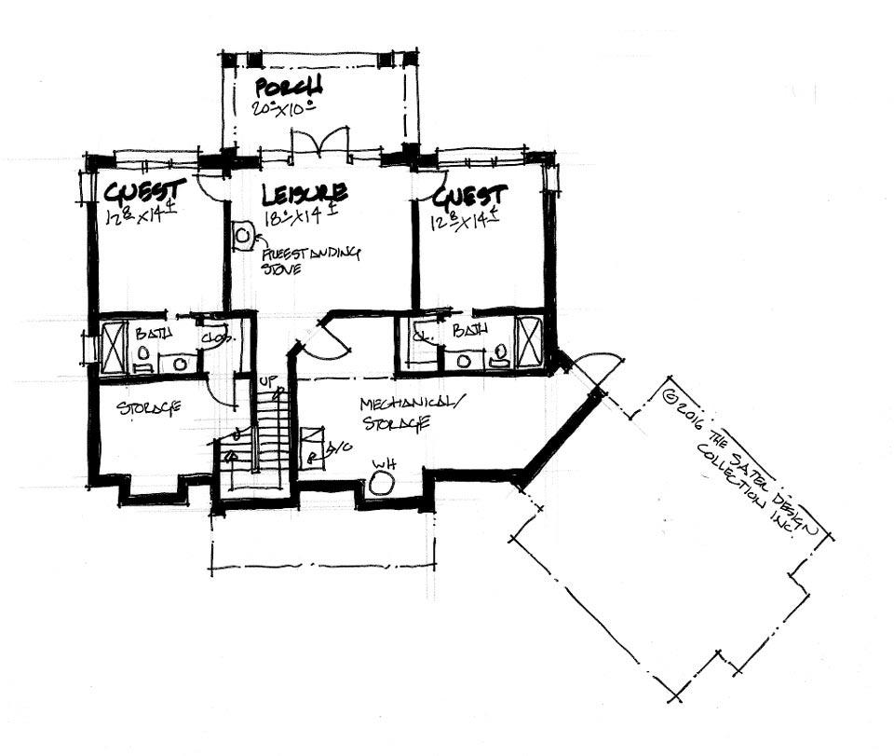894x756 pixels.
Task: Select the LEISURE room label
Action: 305,194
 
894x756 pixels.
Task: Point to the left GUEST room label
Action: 144,192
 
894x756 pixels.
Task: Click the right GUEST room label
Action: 470,196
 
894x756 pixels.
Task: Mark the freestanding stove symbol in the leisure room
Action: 242,236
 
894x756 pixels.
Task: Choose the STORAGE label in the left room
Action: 149,408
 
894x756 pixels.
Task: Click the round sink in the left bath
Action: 144,353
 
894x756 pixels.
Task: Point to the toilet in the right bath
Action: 499,352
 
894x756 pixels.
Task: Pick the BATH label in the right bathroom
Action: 467,330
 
